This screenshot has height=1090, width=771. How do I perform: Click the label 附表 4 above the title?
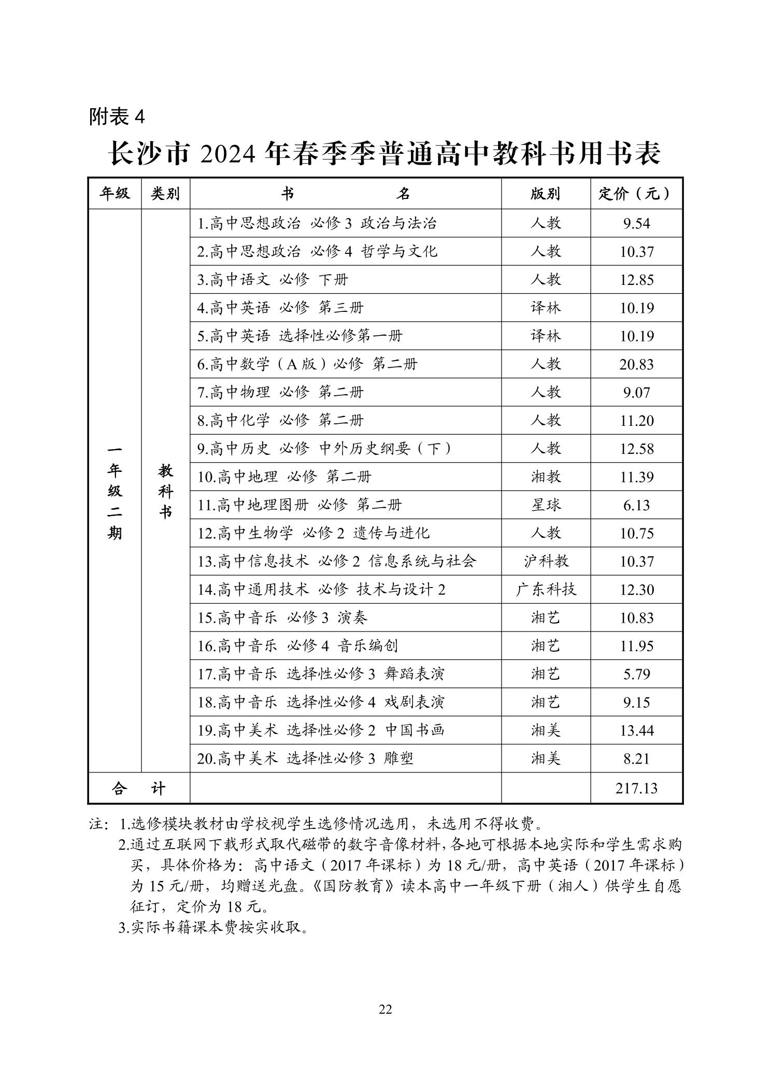coord(117,117)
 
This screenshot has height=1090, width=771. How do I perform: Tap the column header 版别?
coord(545,194)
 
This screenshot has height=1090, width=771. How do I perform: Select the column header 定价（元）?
coord(636,194)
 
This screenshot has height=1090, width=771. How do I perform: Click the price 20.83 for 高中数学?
coord(636,364)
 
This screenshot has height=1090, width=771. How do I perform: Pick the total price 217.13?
coord(636,788)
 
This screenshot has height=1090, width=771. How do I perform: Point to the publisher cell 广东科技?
coord(545,590)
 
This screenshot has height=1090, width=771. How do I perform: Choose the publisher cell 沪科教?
coord(545,561)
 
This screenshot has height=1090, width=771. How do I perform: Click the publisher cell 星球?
coord(545,505)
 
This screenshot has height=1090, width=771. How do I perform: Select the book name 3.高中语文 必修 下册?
coord(273,280)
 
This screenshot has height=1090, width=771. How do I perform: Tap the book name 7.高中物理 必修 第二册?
coord(280,392)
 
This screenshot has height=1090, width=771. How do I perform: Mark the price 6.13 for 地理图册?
coord(636,505)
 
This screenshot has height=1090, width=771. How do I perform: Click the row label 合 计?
coord(139,788)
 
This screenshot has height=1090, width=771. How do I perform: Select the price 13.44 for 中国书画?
coord(636,730)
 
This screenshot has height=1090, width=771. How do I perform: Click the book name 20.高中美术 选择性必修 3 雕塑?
coord(305,758)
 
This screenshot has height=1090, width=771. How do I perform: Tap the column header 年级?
coord(115,194)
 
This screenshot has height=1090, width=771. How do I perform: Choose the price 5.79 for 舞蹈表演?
coord(636,674)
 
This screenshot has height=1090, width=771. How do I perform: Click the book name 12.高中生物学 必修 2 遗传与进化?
coord(313,533)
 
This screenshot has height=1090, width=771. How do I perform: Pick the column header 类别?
coord(165,194)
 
